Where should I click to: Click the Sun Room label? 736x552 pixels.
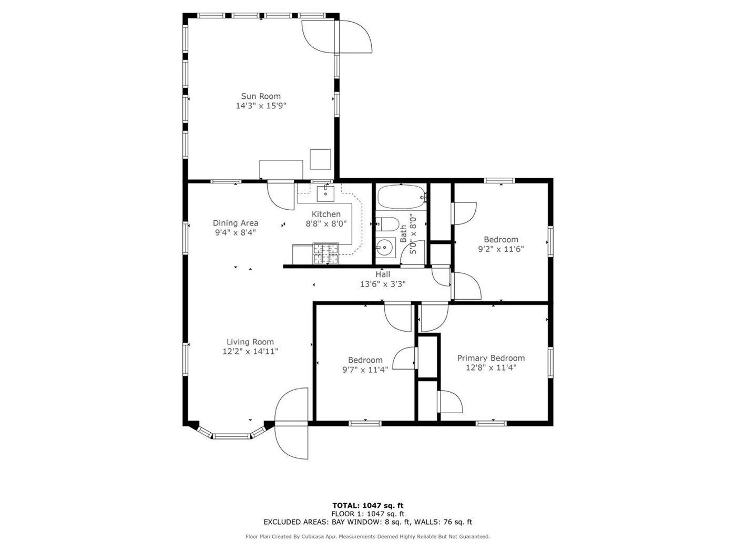261,97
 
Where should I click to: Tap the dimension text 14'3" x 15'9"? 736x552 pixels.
261,106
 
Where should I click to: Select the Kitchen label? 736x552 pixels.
326,214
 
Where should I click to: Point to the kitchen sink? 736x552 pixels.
325,193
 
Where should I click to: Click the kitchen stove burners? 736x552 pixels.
325,253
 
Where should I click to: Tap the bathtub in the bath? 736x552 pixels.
401,197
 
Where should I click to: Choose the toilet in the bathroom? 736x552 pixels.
387,224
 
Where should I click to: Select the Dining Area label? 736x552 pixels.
236,223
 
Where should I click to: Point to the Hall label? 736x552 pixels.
383,274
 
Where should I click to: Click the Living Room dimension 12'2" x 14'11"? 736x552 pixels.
250,351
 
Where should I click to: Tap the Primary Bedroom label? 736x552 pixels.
491,358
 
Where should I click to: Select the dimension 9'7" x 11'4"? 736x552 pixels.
365,370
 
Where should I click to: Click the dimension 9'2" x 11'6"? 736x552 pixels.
501,249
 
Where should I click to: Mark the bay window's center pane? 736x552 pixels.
232,436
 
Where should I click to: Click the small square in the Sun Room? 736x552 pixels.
320,159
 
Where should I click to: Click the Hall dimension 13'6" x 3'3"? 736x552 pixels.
383,284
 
